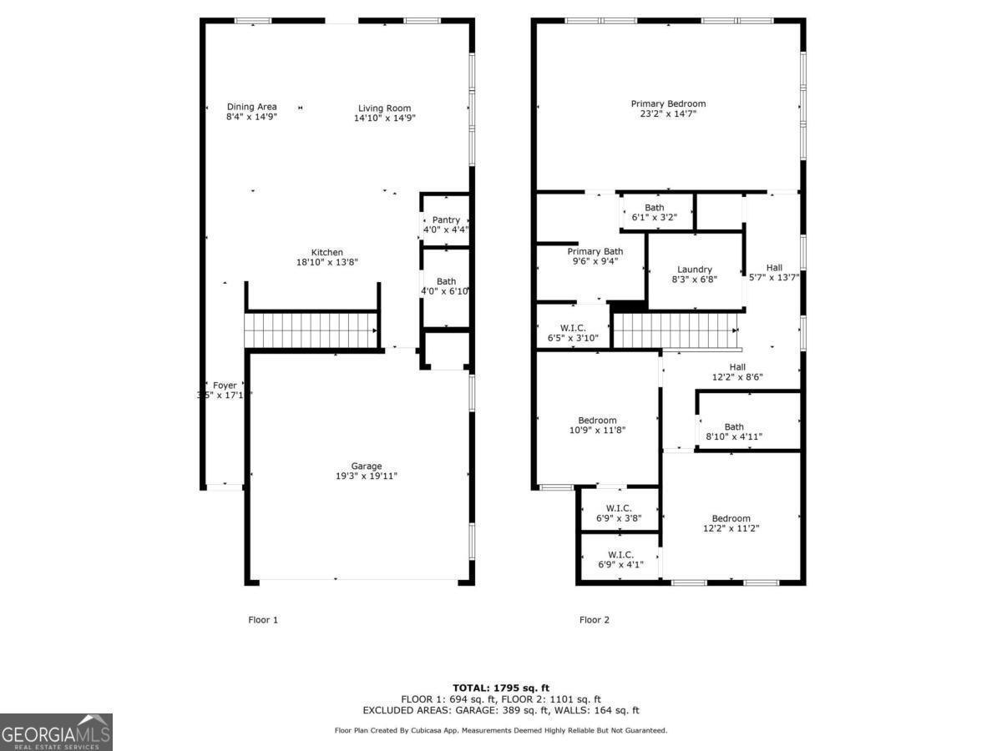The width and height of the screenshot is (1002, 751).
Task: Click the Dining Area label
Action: (251, 107)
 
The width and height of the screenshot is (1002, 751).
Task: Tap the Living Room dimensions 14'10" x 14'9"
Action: (384, 118)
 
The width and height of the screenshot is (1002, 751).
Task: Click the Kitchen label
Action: (327, 252)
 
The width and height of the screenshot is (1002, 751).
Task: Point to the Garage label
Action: (366, 466)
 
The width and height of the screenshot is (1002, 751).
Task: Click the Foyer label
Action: (225, 386)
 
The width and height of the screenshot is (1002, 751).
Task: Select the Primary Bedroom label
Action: (668, 103)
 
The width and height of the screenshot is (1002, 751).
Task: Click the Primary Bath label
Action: (595, 251)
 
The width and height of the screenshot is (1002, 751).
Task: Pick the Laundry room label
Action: (695, 270)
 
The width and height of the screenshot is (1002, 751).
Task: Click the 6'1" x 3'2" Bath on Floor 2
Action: (655, 212)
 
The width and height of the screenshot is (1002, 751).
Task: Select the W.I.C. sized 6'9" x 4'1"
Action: (620, 559)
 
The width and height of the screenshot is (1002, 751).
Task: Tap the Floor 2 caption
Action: (595, 620)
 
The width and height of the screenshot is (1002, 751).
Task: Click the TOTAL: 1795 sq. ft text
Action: (501, 688)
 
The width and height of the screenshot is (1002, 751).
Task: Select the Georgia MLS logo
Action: (56, 732)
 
